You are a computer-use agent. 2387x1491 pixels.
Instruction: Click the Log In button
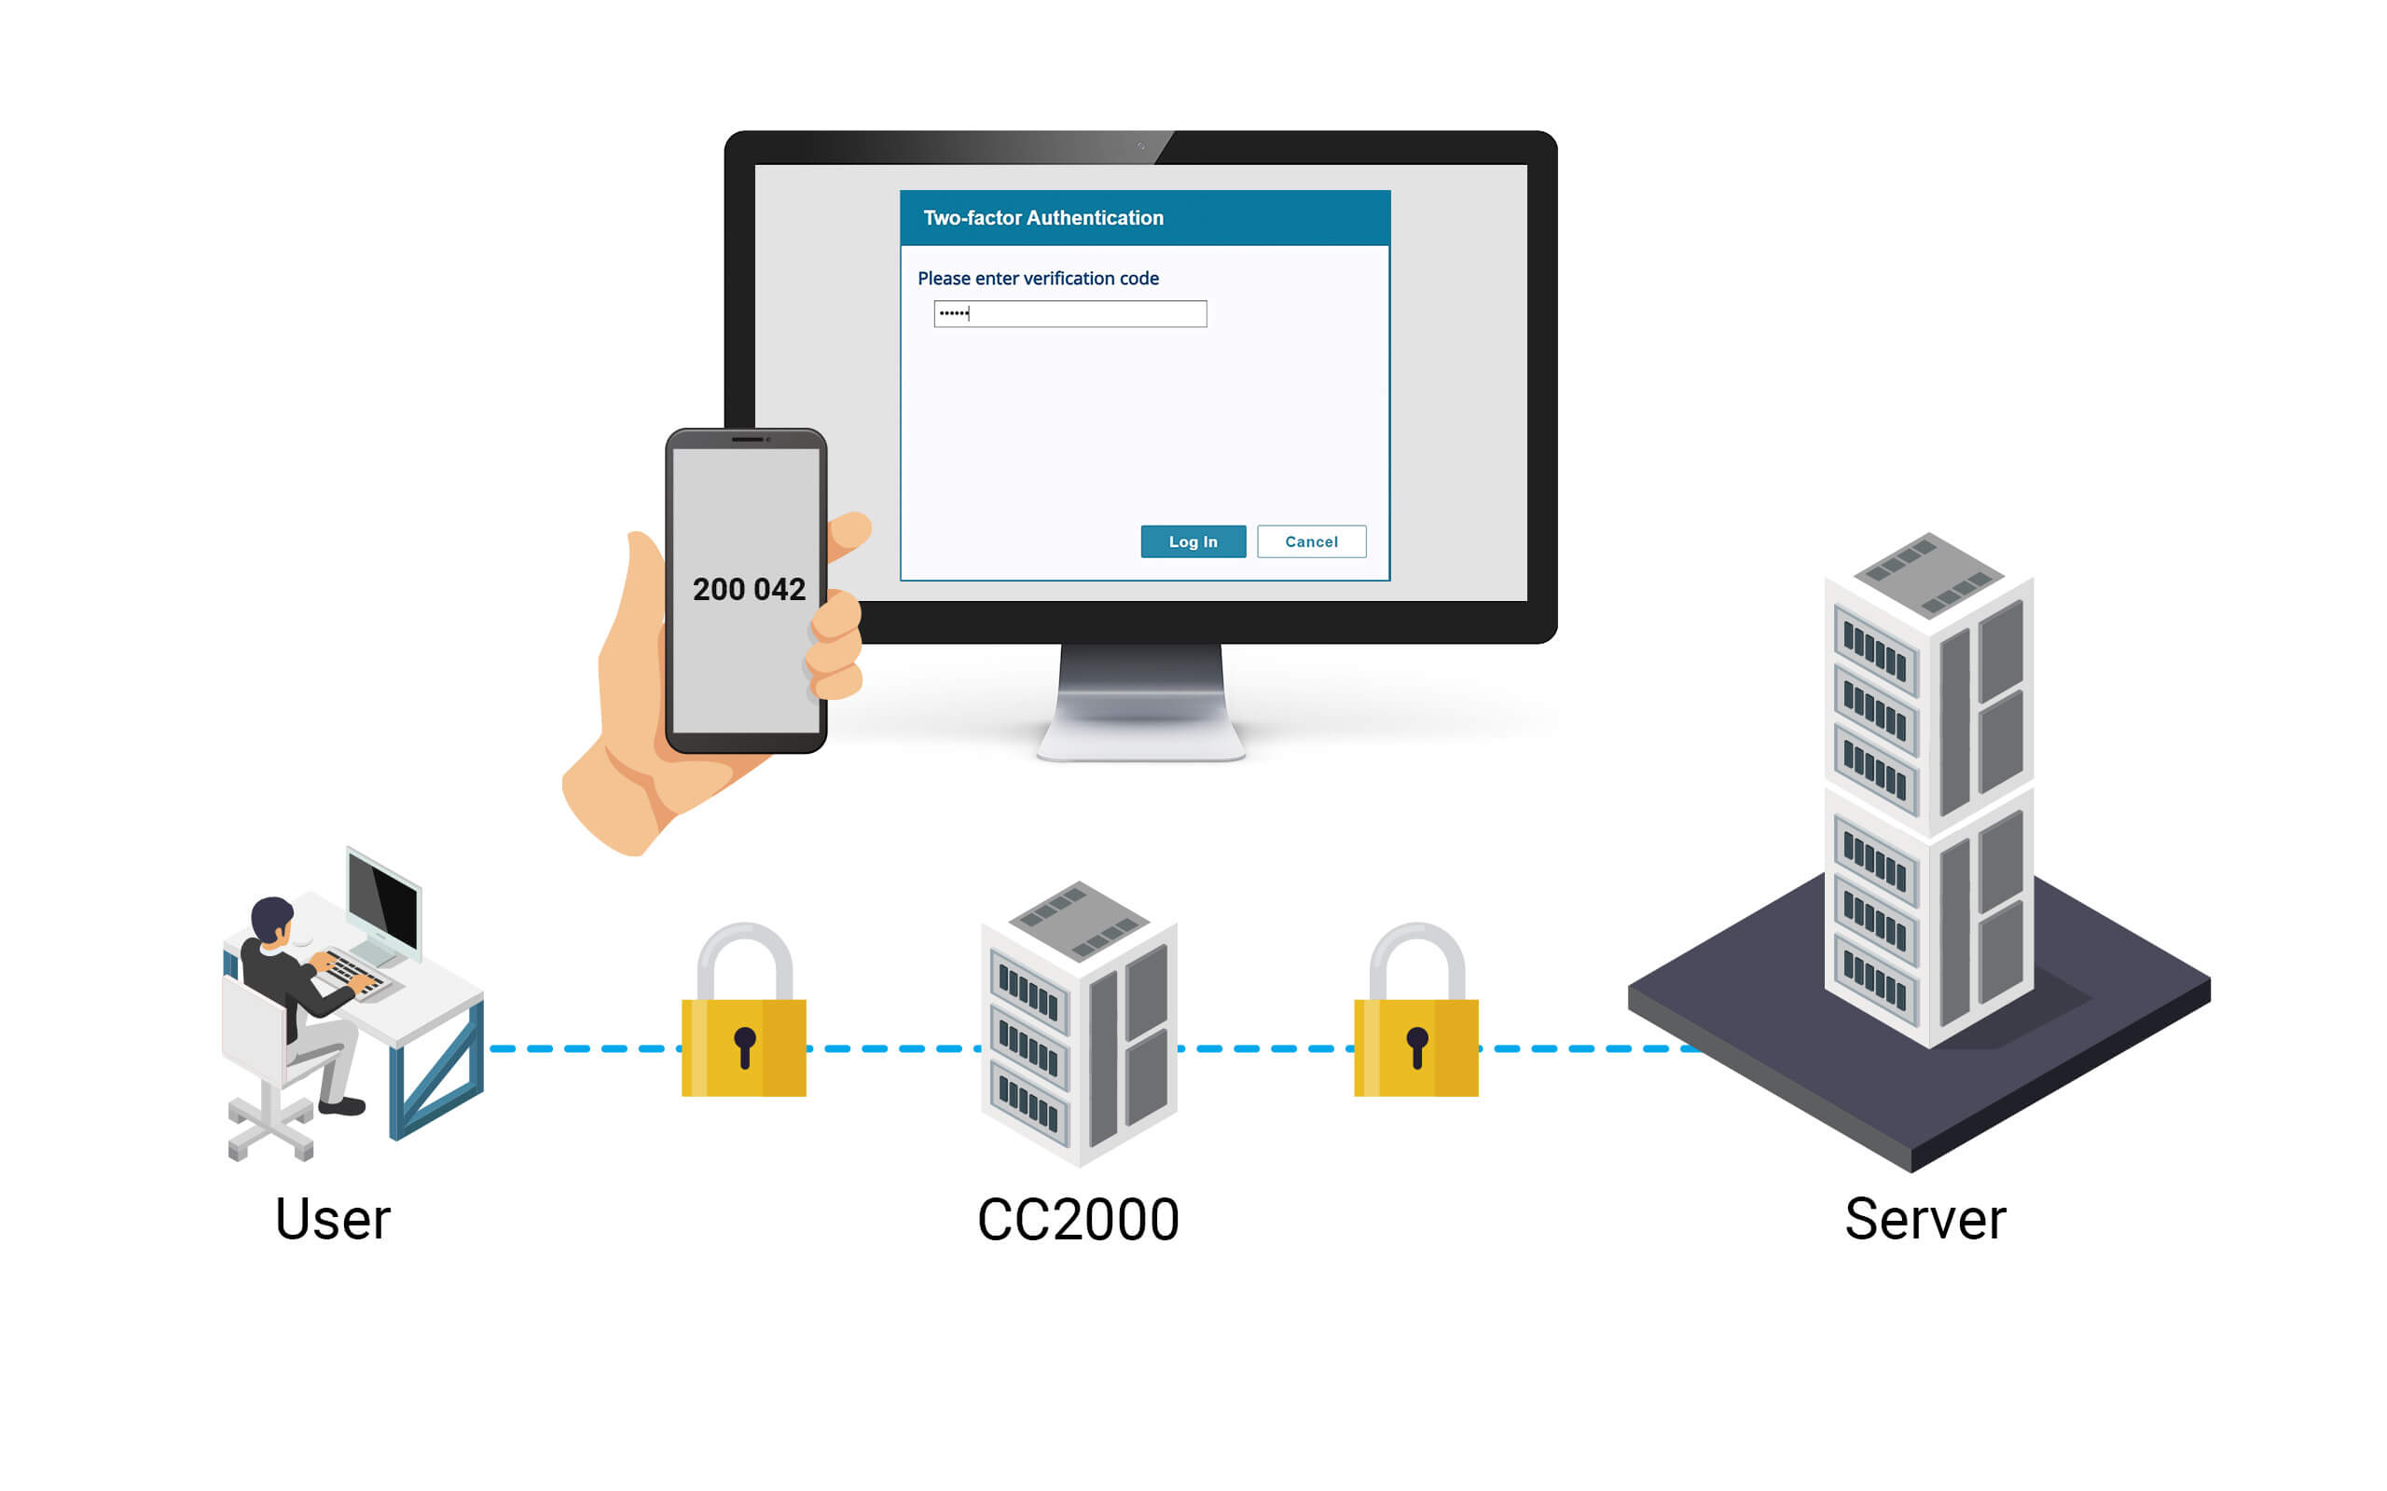tap(1193, 541)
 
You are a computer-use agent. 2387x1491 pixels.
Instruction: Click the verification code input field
tap(1070, 314)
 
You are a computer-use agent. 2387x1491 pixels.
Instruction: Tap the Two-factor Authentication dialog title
tap(1042, 218)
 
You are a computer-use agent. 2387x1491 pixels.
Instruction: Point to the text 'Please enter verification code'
tap(1038, 279)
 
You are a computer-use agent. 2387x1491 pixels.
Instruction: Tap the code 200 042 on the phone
tap(749, 590)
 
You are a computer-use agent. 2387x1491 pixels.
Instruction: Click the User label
tap(332, 1219)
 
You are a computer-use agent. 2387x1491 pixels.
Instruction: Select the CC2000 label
tap(1078, 1220)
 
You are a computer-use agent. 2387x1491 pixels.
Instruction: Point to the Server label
tap(1925, 1219)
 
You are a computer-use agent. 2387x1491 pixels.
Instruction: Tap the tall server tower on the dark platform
tap(1928, 789)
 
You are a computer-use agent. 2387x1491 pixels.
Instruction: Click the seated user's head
tap(272, 918)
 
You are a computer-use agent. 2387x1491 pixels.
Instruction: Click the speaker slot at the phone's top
tap(747, 439)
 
